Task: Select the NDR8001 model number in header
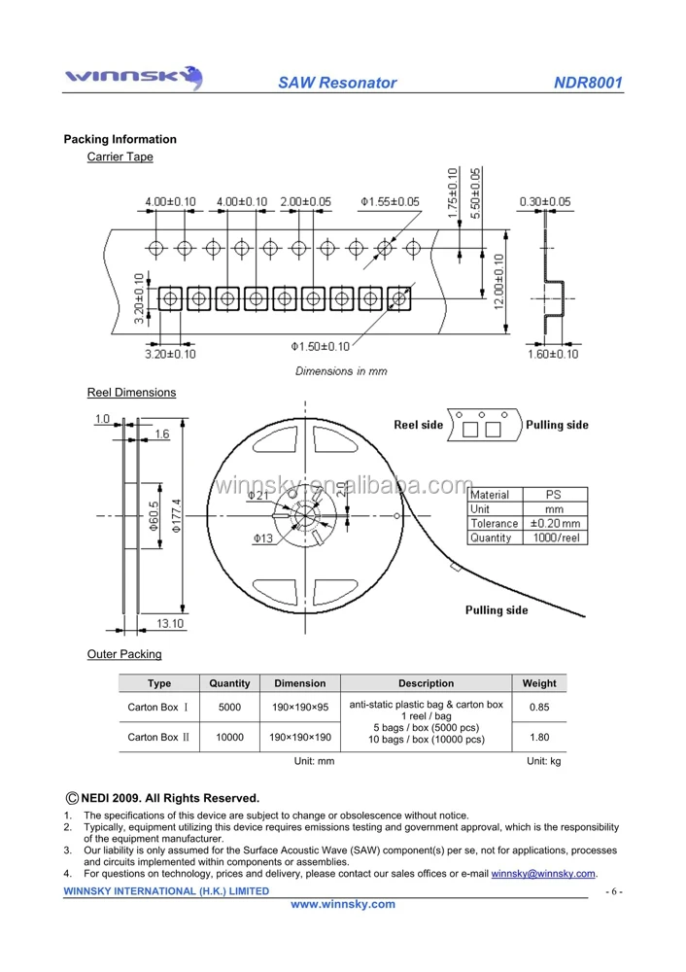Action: click(x=588, y=83)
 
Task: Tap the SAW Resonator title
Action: click(x=337, y=83)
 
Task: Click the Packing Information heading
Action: click(x=120, y=139)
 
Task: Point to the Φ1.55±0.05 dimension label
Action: click(x=390, y=201)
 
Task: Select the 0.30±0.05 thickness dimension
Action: click(x=545, y=201)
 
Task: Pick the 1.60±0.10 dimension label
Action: click(x=551, y=354)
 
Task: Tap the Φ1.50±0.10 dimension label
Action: click(x=321, y=346)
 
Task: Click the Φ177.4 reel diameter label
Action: click(x=176, y=515)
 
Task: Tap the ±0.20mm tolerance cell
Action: click(x=554, y=523)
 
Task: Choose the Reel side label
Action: click(x=418, y=425)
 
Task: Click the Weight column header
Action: click(x=539, y=683)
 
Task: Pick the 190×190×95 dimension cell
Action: click(x=300, y=708)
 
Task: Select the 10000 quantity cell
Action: click(x=229, y=738)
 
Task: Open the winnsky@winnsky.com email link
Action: click(x=543, y=874)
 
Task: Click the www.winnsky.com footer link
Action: click(x=344, y=904)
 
